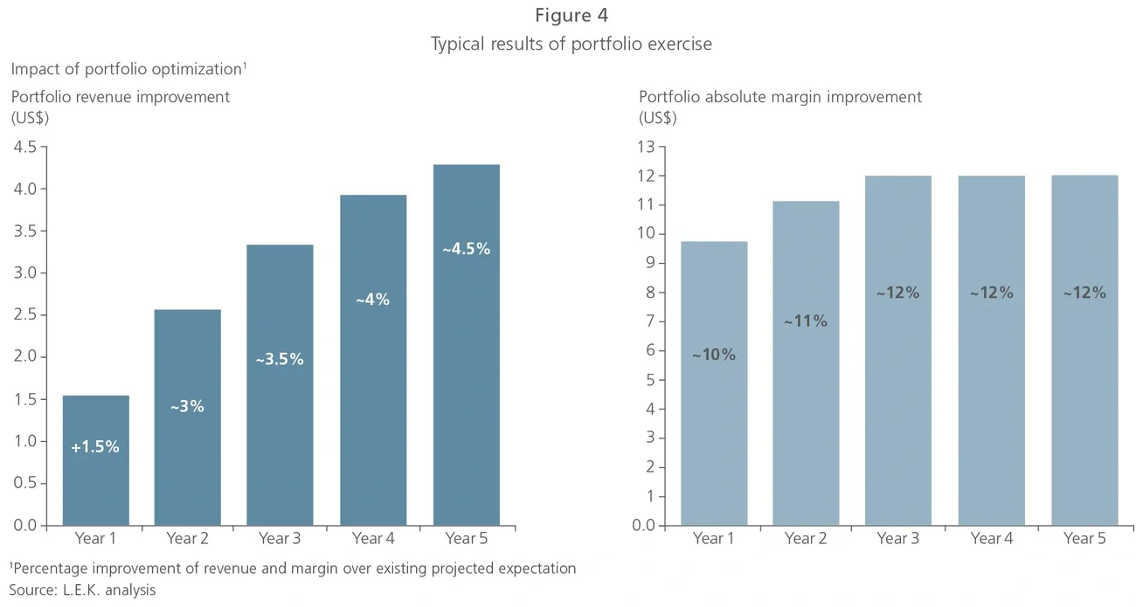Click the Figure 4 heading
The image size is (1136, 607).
click(x=571, y=15)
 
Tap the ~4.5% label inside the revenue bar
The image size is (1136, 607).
click(x=466, y=249)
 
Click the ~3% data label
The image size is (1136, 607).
click(x=187, y=406)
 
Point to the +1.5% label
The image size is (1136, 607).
click(x=95, y=447)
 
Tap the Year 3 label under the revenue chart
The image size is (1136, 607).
click(x=280, y=538)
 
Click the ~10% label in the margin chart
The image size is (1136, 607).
click(x=714, y=355)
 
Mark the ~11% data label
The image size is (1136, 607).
click(x=805, y=321)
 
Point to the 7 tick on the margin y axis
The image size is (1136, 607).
click(x=649, y=321)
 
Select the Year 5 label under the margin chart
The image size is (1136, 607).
click(x=1084, y=538)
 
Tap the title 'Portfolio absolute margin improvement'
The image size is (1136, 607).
click(x=779, y=97)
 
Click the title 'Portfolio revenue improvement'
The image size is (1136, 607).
click(x=121, y=97)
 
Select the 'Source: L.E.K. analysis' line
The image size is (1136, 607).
click(x=82, y=590)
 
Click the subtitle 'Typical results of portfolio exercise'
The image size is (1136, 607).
click(x=571, y=44)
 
